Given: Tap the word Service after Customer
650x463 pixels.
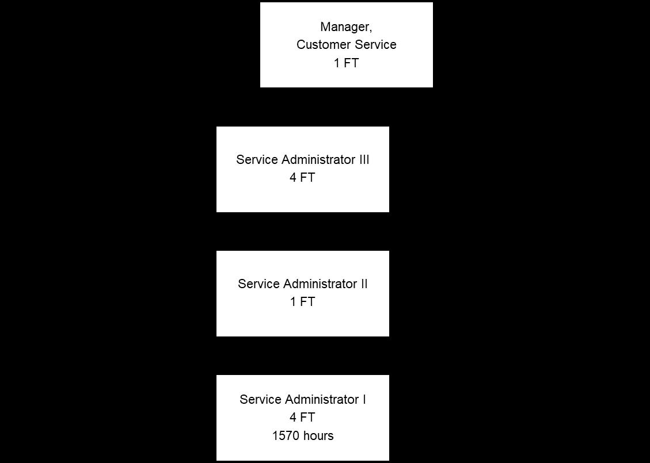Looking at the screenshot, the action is [373, 45].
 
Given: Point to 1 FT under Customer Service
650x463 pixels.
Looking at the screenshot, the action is [346, 63].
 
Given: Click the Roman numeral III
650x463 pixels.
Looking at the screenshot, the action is [364, 160].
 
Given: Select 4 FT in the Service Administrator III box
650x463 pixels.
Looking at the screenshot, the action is [302, 178].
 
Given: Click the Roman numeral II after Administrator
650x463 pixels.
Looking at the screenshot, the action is [364, 284].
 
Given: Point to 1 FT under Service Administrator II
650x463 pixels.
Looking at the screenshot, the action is [302, 302].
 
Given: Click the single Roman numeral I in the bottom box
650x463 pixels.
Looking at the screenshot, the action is [364, 400].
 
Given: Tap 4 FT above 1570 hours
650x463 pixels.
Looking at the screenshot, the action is [302, 418].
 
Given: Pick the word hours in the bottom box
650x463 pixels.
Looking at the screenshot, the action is [318, 436].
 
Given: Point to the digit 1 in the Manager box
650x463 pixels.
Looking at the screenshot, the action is [337, 63].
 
